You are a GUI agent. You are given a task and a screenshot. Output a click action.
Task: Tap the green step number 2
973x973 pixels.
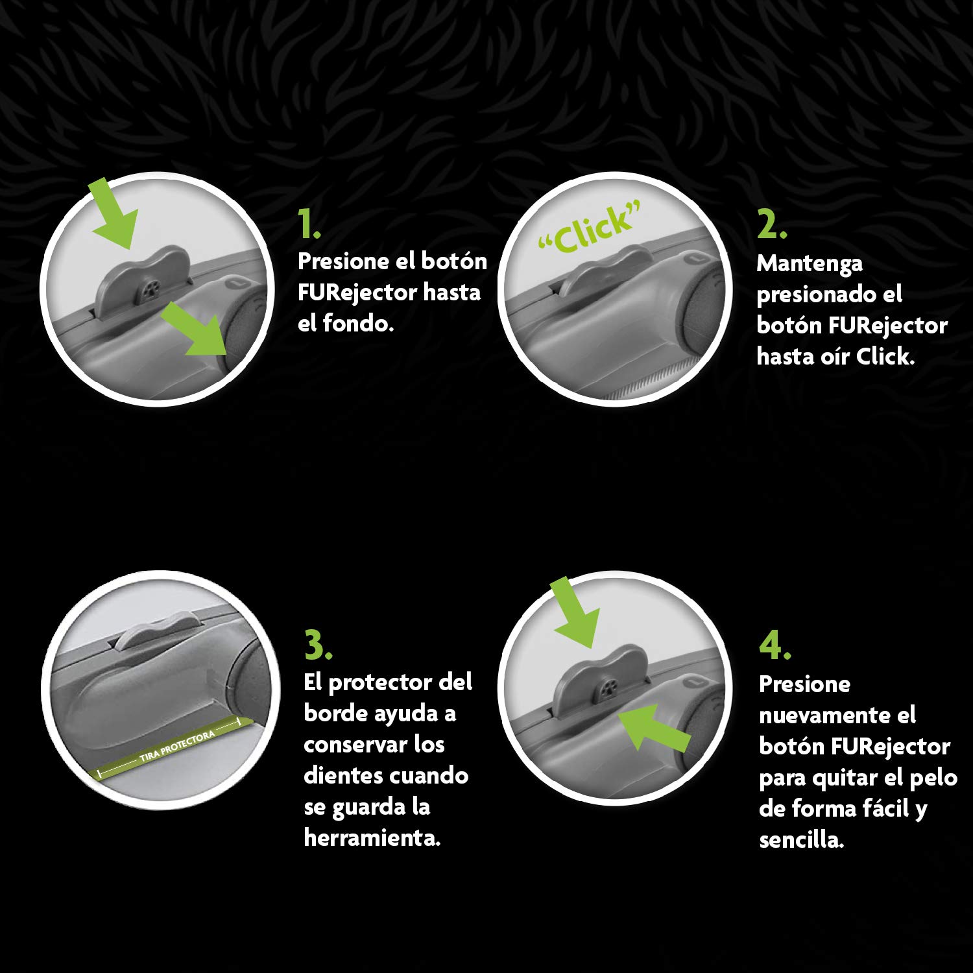pos(772,224)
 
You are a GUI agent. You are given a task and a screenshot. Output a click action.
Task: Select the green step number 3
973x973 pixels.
pos(318,645)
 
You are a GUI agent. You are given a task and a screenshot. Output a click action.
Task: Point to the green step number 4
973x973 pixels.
pos(775,645)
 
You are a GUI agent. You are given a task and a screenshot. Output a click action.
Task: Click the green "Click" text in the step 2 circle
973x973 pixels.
pos(590,228)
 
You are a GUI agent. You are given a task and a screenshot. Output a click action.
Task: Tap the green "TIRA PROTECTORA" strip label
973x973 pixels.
pos(176,746)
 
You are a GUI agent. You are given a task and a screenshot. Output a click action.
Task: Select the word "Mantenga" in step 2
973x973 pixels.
pos(810,264)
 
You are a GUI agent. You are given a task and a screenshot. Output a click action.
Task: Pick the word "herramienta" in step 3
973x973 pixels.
pos(372,837)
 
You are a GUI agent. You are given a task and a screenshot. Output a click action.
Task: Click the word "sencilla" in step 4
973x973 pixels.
pos(802,840)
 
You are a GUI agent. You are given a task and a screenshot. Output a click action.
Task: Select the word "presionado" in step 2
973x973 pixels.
pos(829,295)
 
